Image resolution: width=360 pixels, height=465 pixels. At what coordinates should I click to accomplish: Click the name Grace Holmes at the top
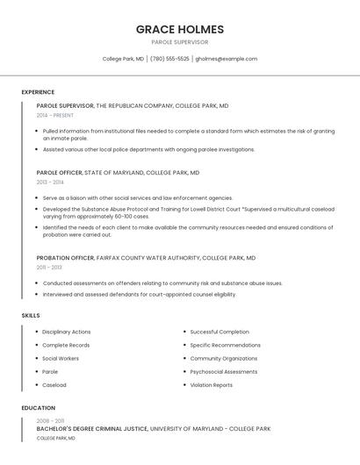(179, 29)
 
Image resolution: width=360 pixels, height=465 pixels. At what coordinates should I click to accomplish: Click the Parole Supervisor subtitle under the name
(179, 42)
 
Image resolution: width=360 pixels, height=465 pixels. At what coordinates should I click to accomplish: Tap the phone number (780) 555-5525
(169, 59)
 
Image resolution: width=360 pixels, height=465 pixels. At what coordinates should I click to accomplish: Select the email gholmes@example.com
(227, 59)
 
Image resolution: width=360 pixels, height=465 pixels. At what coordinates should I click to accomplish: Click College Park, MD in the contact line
(123, 59)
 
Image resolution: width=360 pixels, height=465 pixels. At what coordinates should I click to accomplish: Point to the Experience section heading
(38, 92)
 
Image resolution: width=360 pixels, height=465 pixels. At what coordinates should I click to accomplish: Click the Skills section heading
(31, 315)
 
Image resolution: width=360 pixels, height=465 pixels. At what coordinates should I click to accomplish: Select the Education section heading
(39, 408)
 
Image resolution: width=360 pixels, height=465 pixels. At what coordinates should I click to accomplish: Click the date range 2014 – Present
(55, 115)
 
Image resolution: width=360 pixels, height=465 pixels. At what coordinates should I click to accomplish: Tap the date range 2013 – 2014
(50, 182)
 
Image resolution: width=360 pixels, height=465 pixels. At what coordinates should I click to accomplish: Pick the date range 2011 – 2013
(49, 268)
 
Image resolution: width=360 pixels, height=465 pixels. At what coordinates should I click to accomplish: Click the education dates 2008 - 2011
(50, 421)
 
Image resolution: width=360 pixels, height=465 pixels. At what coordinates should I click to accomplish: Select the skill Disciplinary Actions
(67, 332)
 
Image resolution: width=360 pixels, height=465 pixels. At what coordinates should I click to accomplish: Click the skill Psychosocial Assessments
(224, 371)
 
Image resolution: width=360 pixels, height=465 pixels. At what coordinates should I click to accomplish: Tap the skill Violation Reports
(212, 384)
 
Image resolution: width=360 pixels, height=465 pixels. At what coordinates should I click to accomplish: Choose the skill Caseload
(54, 384)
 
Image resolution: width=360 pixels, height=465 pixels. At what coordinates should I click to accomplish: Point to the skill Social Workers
(61, 358)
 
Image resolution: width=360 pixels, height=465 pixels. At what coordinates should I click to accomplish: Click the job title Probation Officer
(65, 258)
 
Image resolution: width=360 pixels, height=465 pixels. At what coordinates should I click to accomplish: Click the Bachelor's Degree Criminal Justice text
(91, 429)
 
